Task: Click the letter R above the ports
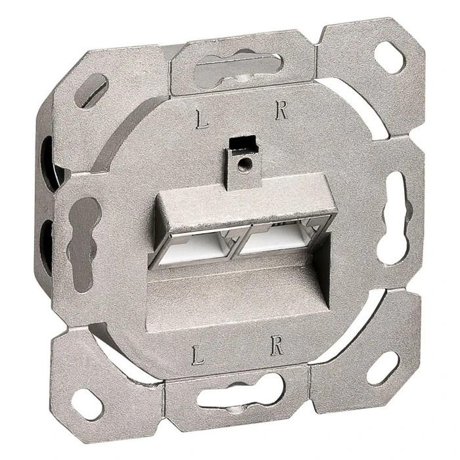click(x=281, y=110)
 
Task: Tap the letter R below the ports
click(x=277, y=347)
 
